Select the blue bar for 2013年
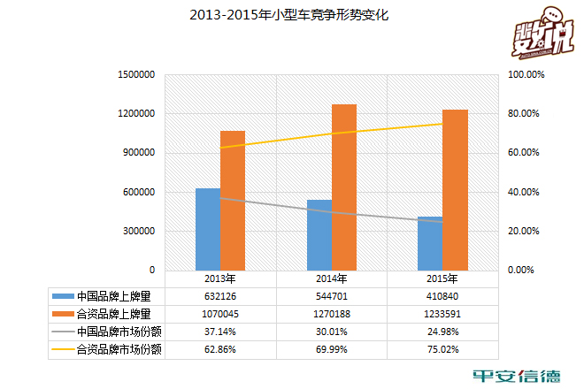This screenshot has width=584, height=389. (x=208, y=229)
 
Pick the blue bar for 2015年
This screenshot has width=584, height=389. (x=430, y=243)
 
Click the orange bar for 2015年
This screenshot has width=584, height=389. (x=455, y=189)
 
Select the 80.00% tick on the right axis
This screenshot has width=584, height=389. (x=522, y=114)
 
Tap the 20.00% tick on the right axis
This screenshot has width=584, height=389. (x=522, y=231)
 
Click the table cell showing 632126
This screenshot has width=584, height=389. (x=221, y=295)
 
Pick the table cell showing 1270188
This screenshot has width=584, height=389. (x=332, y=313)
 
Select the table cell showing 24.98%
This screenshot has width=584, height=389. (x=442, y=331)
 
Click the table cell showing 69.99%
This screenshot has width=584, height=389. (x=332, y=348)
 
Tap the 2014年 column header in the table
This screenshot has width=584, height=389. (x=332, y=278)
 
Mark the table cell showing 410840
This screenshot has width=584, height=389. (x=442, y=295)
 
